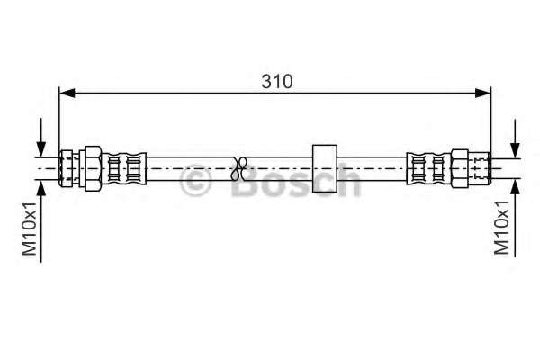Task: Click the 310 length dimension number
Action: pyautogui.click(x=277, y=82)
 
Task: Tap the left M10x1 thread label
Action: pyautogui.click(x=29, y=229)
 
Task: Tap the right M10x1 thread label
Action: pyautogui.click(x=501, y=228)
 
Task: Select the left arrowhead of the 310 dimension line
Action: pyautogui.click(x=67, y=93)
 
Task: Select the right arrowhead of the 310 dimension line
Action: pyautogui.click(x=482, y=93)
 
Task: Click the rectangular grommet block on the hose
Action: pyautogui.click(x=324, y=168)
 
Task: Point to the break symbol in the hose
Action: pyautogui.click(x=239, y=169)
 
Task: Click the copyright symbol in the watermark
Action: pyautogui.click(x=195, y=181)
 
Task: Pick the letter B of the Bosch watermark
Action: pyautogui.click(x=244, y=181)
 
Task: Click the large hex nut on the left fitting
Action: pyautogui.click(x=93, y=168)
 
